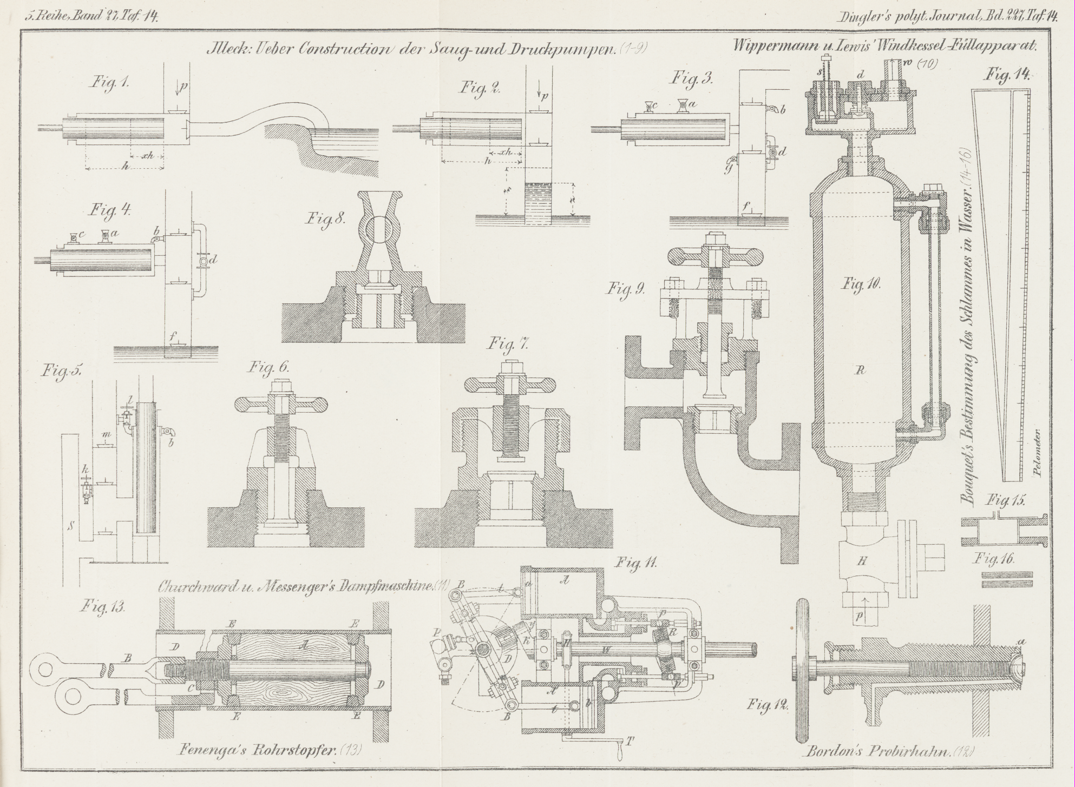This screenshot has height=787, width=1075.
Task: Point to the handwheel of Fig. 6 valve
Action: pos(281,404)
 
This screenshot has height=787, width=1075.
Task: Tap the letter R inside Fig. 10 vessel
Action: pos(861,371)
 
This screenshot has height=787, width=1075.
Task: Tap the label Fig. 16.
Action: pos(994,559)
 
